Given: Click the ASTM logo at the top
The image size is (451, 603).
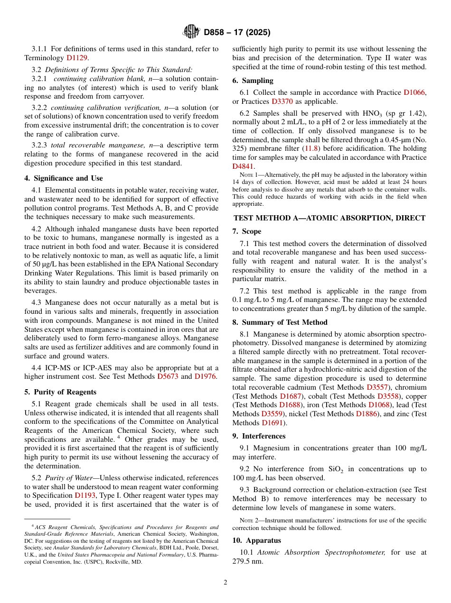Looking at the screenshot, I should [x=191, y=32].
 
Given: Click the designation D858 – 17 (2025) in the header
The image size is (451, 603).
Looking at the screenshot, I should [x=237, y=33].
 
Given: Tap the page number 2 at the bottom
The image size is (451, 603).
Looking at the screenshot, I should [x=225, y=583].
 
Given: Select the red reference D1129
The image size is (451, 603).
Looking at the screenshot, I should [x=77, y=58].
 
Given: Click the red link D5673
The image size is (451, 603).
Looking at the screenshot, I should [x=168, y=376].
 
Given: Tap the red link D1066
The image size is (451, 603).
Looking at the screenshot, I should [x=414, y=92].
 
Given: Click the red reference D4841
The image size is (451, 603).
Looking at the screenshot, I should [x=243, y=166].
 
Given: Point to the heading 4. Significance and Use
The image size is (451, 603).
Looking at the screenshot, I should [x=63, y=178].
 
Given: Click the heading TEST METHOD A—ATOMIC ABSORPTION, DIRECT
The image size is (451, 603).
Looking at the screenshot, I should [x=329, y=218].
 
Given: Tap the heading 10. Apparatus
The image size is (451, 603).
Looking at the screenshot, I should [x=256, y=540].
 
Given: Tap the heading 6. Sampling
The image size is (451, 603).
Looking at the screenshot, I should [x=253, y=81].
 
